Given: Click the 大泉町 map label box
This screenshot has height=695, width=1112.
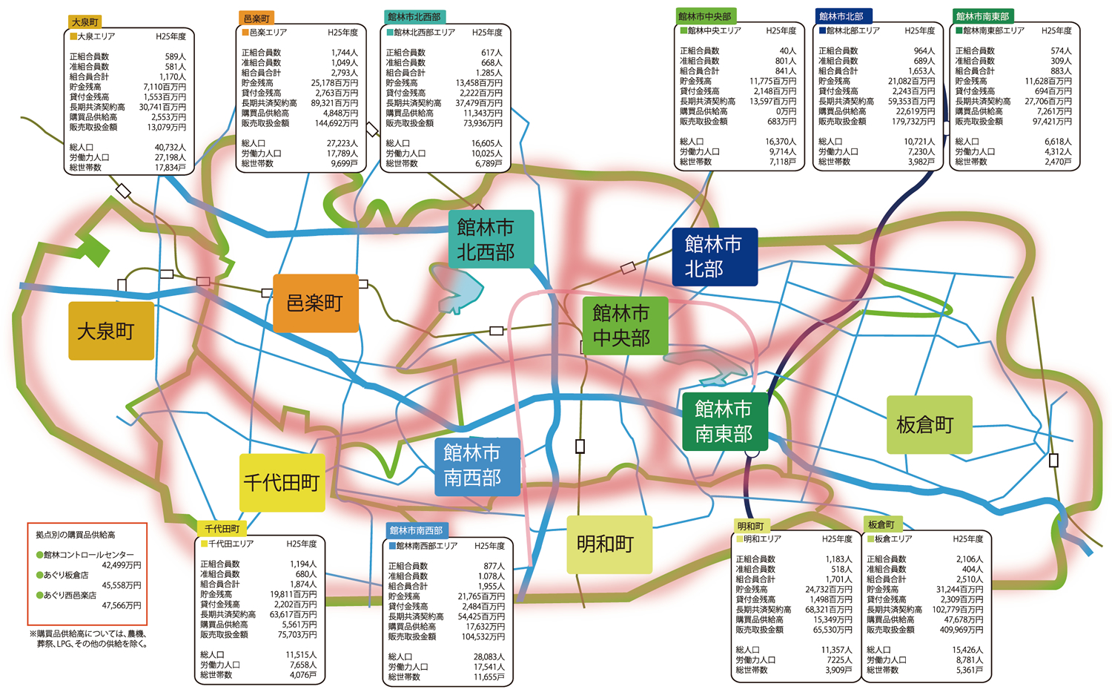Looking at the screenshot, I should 111,331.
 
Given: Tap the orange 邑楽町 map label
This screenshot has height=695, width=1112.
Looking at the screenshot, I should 315,303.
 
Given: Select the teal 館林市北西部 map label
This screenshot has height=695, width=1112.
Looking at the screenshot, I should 490,239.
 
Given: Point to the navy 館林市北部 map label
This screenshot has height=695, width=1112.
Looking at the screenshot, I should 714,256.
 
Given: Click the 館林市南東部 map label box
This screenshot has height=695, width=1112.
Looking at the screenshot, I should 724,421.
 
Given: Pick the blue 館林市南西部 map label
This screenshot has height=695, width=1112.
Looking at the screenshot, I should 477,466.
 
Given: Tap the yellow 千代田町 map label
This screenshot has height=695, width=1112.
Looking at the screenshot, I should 282,483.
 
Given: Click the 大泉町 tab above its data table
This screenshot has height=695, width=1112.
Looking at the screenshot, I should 85,22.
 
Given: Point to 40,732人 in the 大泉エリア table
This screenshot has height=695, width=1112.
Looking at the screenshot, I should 170,148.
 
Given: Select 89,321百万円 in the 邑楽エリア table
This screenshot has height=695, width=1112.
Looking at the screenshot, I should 334,103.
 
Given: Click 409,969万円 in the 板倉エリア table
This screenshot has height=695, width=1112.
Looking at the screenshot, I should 960,630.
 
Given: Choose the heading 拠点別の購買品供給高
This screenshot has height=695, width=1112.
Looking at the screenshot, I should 76,534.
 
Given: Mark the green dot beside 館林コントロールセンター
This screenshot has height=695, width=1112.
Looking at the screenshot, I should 40,555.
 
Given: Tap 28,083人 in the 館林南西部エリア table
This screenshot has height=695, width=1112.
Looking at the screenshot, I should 488,657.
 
